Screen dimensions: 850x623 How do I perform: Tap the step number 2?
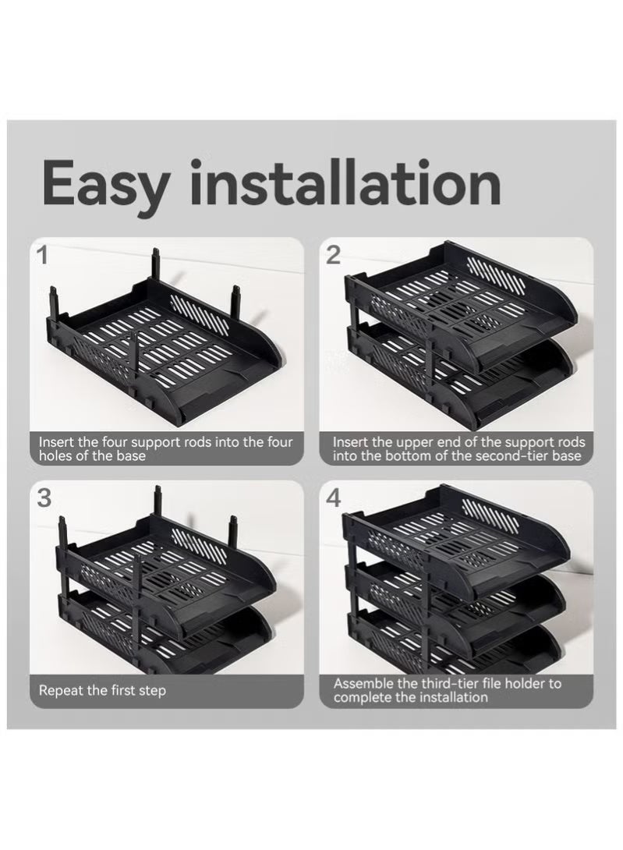pos(333,254)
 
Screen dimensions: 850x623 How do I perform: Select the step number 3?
pos(44,498)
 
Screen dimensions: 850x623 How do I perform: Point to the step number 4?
pos(334,498)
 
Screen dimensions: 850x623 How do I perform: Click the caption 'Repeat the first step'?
pos(102,690)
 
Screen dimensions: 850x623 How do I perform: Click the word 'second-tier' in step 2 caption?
pos(497,455)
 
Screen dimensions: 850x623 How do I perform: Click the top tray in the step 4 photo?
pos(460,538)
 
